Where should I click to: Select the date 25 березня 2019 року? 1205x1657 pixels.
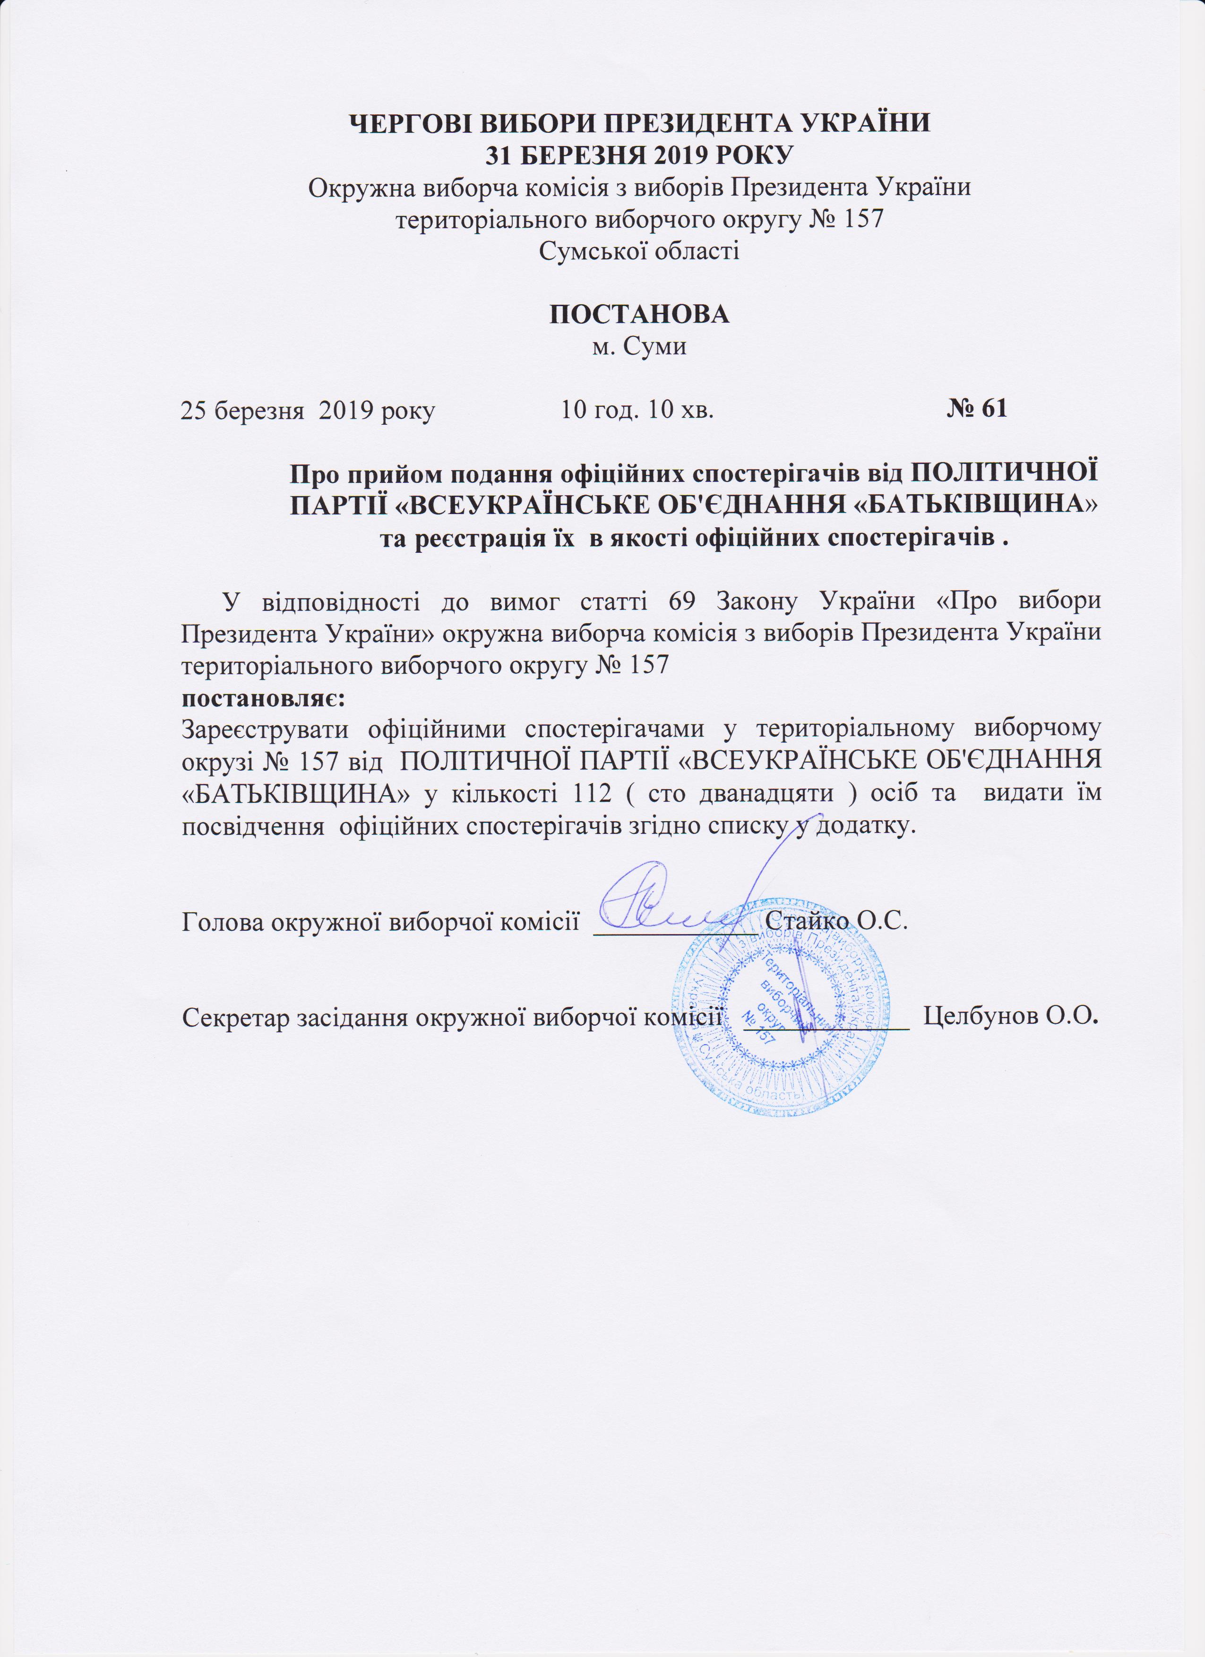[308, 411]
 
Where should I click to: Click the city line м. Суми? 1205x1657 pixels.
[639, 345]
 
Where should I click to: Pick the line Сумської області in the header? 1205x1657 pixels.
[639, 250]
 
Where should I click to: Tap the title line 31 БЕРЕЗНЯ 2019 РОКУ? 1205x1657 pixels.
[639, 155]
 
